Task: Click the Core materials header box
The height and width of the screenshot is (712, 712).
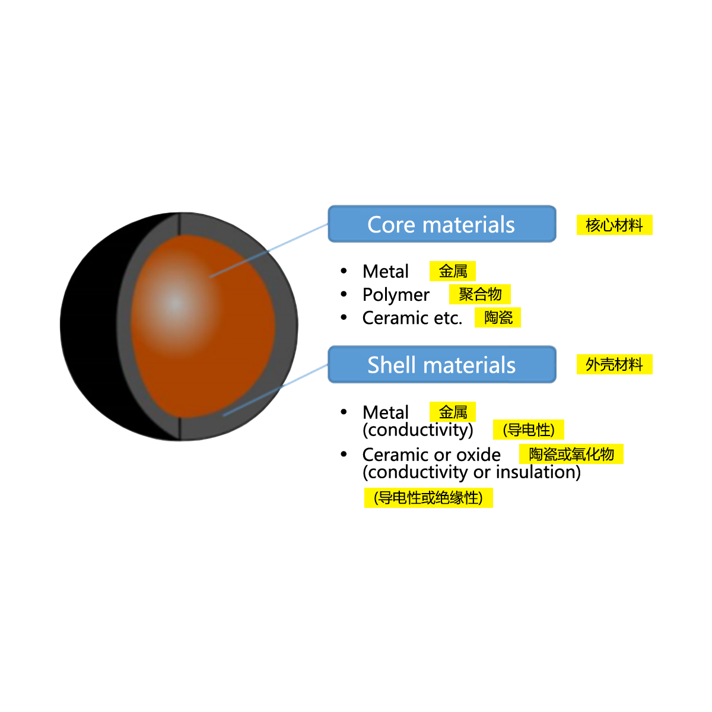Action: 441,224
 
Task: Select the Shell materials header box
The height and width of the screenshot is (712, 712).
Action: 441,365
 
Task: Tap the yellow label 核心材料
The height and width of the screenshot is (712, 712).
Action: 614,225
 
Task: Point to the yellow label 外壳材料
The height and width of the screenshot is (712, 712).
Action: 614,364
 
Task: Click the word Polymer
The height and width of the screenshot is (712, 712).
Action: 396,295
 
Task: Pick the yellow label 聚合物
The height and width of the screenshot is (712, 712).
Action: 480,294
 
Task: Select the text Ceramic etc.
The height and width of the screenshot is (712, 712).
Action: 412,318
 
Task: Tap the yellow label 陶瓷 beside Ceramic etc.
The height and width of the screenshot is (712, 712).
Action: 498,317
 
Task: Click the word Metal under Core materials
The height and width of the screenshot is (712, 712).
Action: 386,272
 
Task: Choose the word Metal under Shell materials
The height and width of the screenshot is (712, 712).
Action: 386,412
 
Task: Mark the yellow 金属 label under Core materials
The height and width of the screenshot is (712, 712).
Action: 453,271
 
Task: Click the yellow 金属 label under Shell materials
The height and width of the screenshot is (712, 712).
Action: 453,412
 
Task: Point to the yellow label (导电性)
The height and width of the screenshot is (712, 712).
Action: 528,430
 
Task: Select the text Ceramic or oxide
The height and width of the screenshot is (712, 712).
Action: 431,455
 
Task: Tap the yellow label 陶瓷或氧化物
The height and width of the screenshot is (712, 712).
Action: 572,454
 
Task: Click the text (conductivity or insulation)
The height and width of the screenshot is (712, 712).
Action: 472,472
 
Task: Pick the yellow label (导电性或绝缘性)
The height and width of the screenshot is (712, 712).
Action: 428,497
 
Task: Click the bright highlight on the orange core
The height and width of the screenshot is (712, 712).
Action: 174,303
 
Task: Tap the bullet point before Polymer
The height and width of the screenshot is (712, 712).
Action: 344,294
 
